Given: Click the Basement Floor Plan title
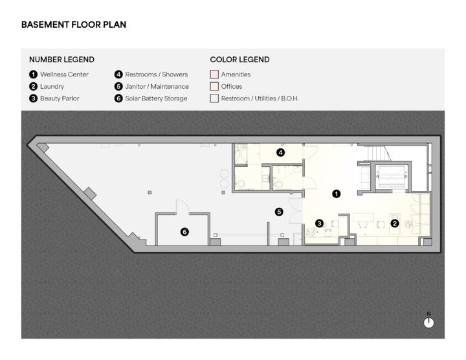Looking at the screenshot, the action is pos(74,25).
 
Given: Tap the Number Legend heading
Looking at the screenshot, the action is pos(61,60).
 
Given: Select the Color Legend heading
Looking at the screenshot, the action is pos(239,60).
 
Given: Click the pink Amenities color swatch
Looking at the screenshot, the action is pos(214,74).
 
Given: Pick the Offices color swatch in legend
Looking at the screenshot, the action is pos(214,86).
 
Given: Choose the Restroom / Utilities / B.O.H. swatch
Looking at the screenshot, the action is pos(214,98).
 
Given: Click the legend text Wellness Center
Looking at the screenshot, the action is pos(64,74).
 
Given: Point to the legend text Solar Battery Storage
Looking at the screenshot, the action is pos(156,98).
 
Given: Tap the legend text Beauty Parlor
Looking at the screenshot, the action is pos(60,98).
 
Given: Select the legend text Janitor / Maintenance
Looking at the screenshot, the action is pos(157,87).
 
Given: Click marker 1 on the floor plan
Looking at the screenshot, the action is pos(336,194).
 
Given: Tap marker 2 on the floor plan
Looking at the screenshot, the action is pos(395,223).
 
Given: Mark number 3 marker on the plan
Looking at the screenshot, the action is pos(320,223).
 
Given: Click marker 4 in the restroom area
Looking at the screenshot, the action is pos(280,153).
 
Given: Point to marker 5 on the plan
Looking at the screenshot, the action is pos(279,212).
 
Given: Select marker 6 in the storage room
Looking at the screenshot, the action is pos(184,232).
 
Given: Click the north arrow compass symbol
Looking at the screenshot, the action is pos(428,322).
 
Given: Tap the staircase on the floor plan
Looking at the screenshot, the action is pos(379,153).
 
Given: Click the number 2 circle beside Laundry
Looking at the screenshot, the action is pos(33,87).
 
